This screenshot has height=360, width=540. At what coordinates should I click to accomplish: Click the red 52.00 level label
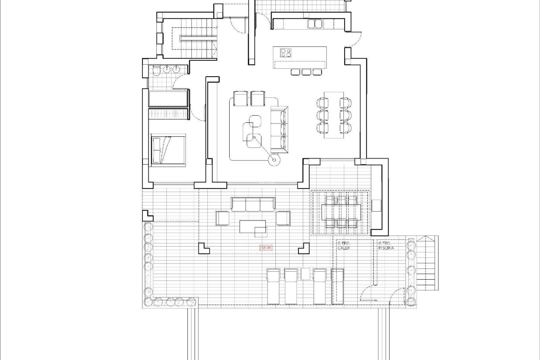pyautogui.click(x=266, y=248)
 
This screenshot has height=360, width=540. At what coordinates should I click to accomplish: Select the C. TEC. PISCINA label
pyautogui.click(x=386, y=246)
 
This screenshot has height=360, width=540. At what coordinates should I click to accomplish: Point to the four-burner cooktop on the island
pyautogui.click(x=286, y=53)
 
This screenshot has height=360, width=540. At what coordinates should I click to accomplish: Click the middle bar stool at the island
pyautogui.click(x=306, y=72)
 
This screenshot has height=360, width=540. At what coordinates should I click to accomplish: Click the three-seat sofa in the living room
pyautogui.click(x=280, y=130)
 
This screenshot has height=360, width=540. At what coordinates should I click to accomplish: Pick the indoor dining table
pyautogui.click(x=334, y=114)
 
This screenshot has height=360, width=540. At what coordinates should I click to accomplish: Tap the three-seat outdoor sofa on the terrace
pyautogui.click(x=253, y=204)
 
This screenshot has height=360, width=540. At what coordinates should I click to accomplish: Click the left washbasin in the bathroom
pyautogui.click(x=167, y=69)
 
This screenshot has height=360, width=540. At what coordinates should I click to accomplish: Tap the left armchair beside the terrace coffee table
pyautogui.click(x=222, y=218)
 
